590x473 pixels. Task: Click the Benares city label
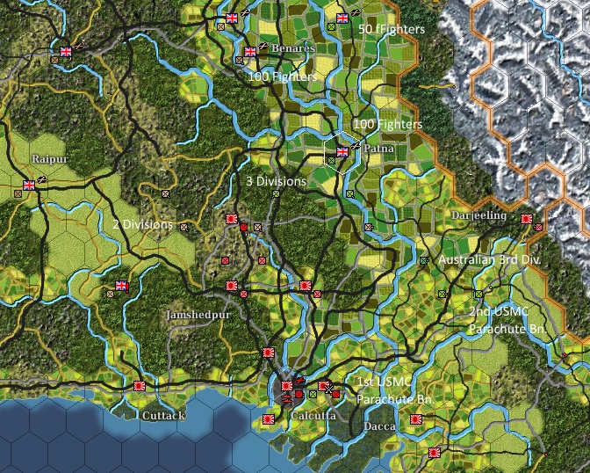292,48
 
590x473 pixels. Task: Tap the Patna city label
378,150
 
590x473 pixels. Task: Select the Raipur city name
50,159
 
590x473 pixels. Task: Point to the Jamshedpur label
196,314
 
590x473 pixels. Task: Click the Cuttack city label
164,414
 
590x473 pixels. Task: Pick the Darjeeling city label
478,215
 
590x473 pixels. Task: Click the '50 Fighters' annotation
392,29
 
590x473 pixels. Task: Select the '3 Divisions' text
276,181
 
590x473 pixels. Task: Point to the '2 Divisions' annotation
142,224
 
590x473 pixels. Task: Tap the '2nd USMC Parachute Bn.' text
507,321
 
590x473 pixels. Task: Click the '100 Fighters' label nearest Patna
387,125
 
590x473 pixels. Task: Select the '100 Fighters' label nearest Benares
282,77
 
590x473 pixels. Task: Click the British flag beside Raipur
29,186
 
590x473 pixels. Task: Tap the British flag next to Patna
342,152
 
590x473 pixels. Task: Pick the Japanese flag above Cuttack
139,385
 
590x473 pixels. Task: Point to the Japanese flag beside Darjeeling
526,219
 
